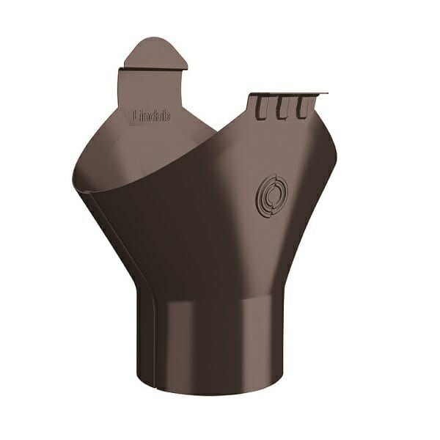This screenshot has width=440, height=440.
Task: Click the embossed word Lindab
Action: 152,116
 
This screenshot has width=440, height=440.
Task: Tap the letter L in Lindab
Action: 136,116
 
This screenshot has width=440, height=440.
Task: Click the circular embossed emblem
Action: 271,195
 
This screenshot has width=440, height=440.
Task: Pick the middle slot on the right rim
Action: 282,108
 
